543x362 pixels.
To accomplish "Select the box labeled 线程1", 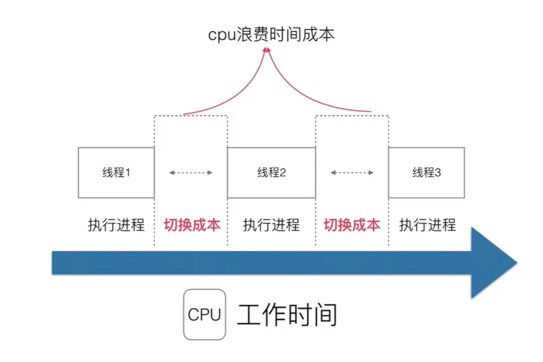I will click(116, 172).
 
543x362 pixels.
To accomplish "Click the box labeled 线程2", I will click(271, 172).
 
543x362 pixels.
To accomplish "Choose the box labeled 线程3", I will click(426, 172).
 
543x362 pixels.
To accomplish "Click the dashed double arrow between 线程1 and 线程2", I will click(191, 172).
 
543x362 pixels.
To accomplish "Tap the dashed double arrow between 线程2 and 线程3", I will click(352, 172).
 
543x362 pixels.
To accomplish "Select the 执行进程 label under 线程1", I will click(116, 225).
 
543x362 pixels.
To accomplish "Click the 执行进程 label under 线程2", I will click(271, 225).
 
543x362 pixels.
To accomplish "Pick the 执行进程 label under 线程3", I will click(428, 225).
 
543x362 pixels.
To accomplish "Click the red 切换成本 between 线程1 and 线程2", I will click(191, 225).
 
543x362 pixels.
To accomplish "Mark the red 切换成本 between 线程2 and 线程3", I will click(352, 225).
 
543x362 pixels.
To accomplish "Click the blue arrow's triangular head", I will click(492, 263).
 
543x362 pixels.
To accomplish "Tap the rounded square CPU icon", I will click(204, 314).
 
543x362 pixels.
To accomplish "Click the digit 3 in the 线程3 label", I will click(438, 172).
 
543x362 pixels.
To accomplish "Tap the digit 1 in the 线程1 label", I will click(127, 172).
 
